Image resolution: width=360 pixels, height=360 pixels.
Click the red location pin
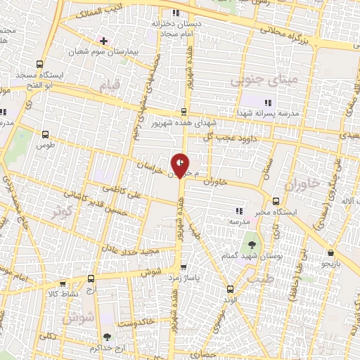[181, 165]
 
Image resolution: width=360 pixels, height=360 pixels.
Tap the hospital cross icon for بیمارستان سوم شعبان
[103, 41]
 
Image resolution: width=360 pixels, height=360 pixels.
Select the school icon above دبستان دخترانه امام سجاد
[175, 13]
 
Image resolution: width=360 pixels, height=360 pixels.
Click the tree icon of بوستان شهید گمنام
[251, 245]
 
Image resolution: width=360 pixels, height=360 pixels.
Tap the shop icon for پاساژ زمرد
[184, 267]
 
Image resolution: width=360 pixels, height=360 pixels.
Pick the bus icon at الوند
[229, 288]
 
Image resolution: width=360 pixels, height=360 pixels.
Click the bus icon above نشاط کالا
[63, 284]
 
